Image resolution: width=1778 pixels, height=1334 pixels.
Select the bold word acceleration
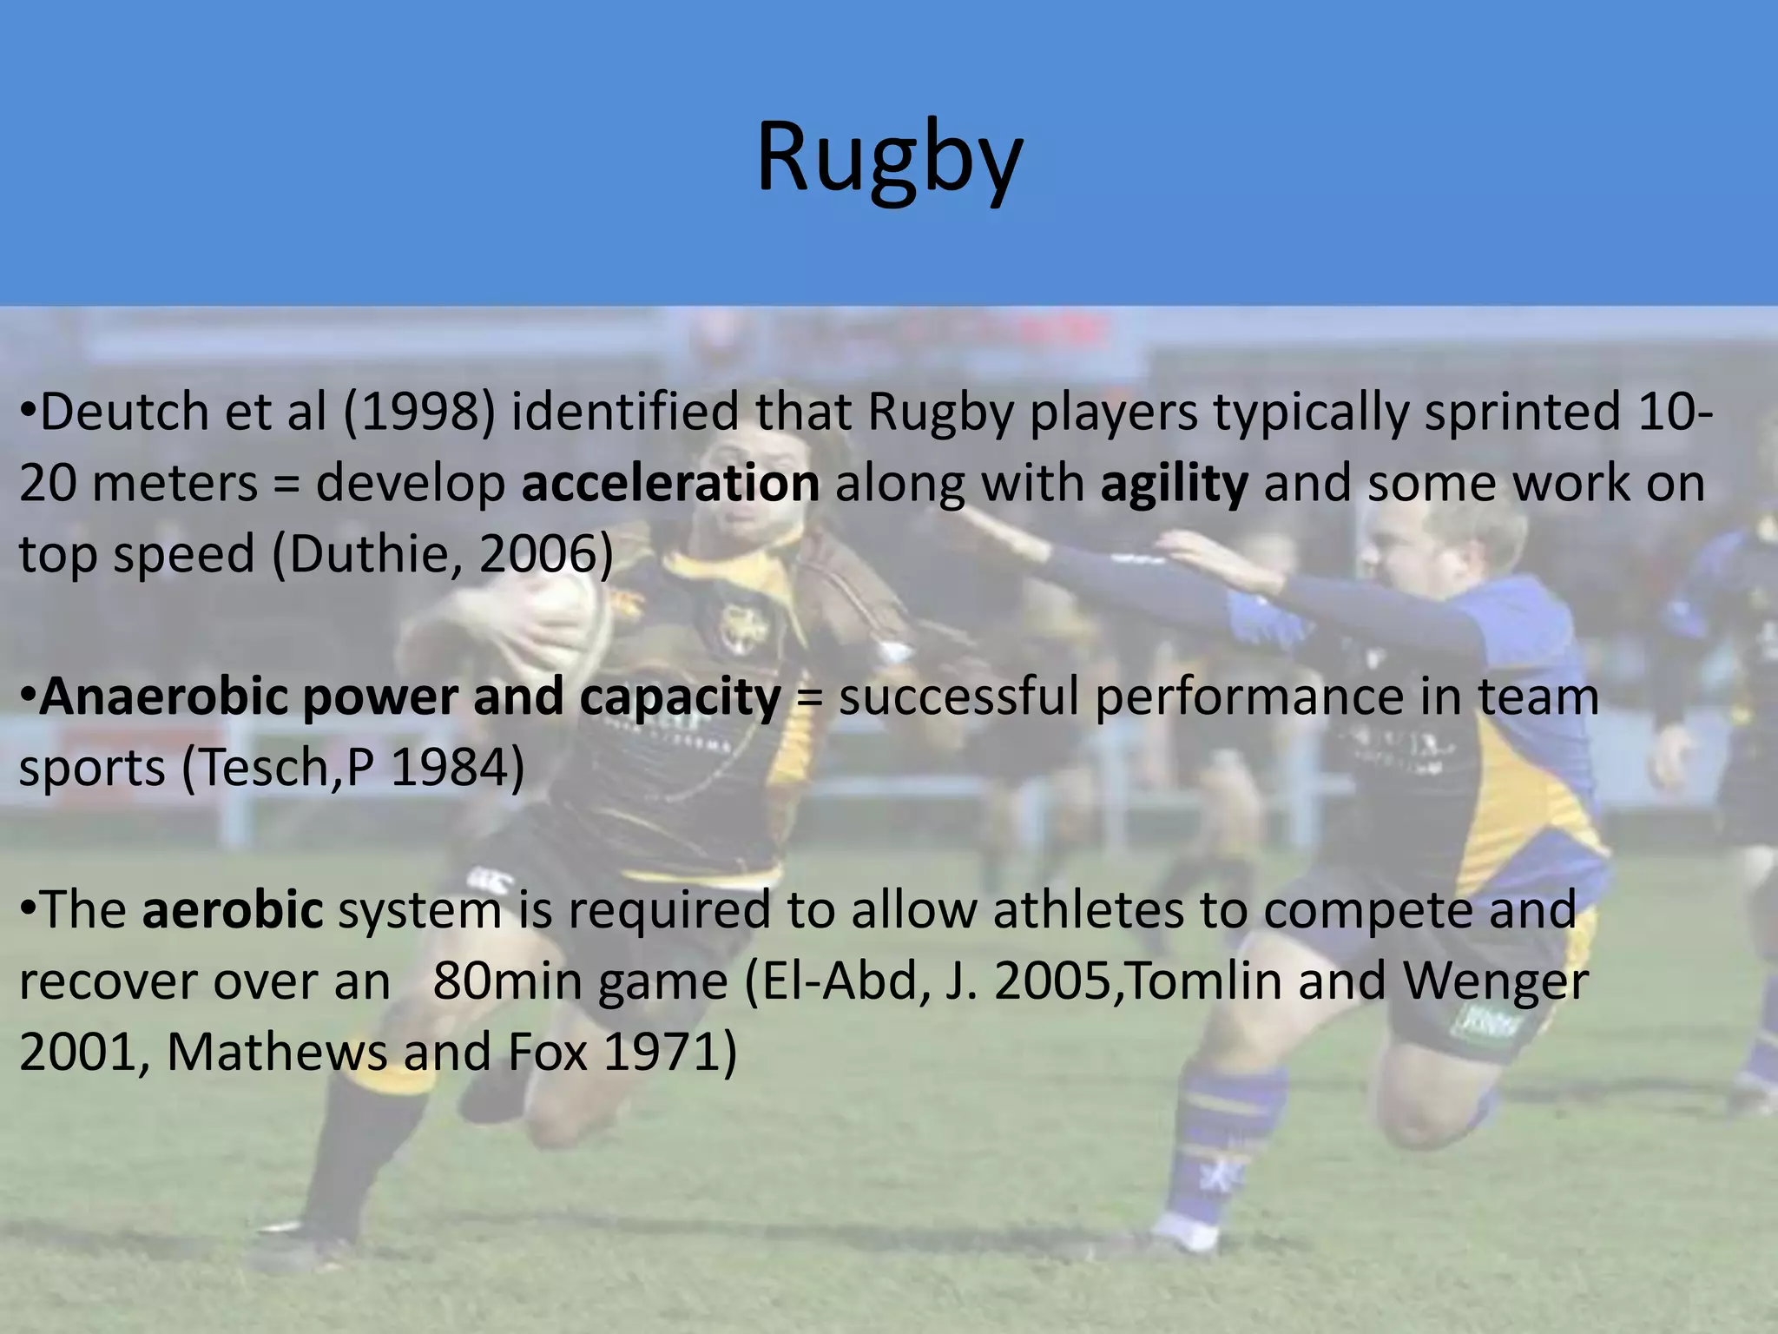tap(670, 483)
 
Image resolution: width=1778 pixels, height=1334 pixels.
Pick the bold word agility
tap(1174, 485)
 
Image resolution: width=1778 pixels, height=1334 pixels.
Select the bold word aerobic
tap(232, 909)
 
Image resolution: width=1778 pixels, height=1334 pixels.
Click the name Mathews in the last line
tap(276, 1052)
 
